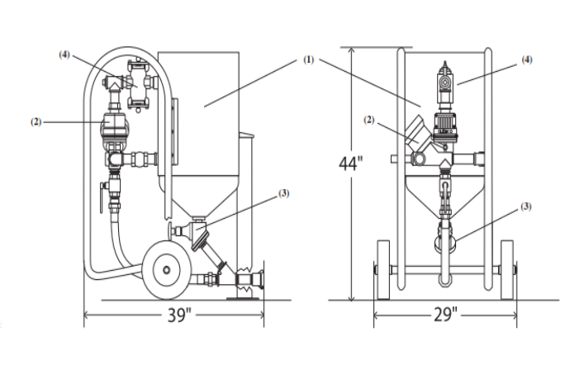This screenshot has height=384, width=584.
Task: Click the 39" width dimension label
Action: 178,315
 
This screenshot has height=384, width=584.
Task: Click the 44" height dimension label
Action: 350,164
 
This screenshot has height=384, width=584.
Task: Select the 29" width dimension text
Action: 445,315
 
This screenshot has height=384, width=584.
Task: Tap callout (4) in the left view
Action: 64,55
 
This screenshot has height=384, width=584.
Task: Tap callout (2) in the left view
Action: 36,122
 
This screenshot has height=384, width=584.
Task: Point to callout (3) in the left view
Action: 284,193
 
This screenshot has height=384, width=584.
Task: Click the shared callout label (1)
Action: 309,59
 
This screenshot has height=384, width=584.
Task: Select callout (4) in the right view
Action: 527,59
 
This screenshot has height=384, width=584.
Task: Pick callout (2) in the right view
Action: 368,121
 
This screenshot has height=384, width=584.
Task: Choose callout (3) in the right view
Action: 525,206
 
